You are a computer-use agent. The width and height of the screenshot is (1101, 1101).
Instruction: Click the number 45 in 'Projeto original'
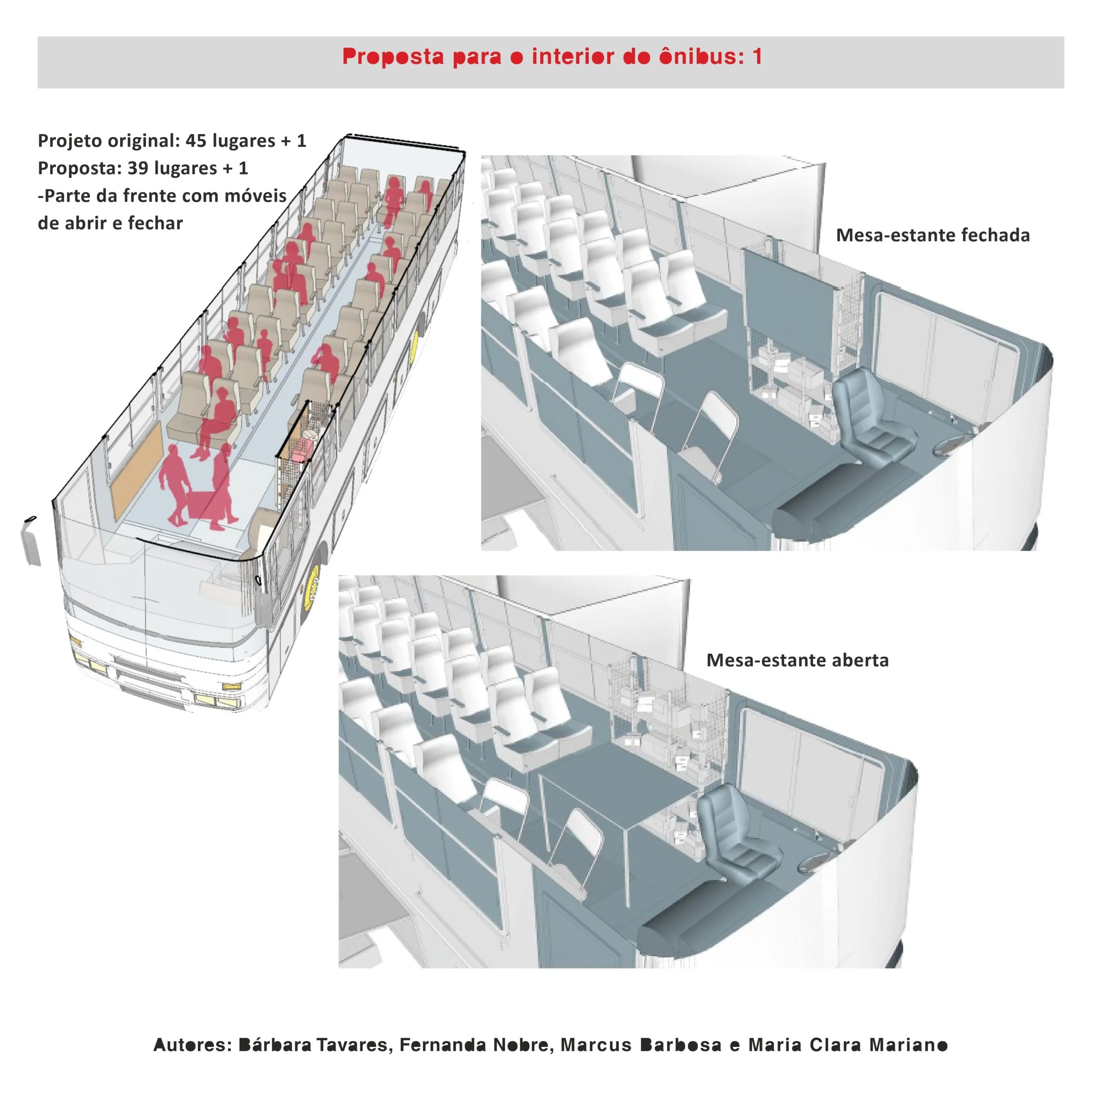pyautogui.click(x=196, y=140)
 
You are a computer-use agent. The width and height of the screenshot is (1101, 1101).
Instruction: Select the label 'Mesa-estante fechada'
pyautogui.click(x=933, y=235)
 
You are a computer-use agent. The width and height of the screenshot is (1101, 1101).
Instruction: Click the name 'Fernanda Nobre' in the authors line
pyautogui.click(x=475, y=1045)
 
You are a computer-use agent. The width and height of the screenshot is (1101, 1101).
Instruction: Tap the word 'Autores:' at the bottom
pyautogui.click(x=193, y=1045)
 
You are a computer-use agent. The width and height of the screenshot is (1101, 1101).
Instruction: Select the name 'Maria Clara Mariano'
pyautogui.click(x=847, y=1045)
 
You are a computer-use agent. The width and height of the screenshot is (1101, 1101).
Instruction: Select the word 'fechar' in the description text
pyautogui.click(x=155, y=223)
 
